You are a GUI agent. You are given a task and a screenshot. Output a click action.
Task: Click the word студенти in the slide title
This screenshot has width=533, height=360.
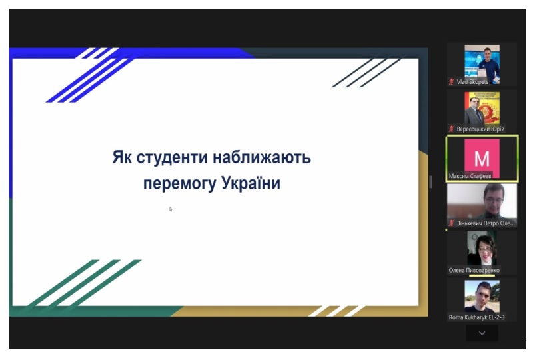coord(172,158)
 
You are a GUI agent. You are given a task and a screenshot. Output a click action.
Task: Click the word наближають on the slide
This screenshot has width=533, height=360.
coord(262,157)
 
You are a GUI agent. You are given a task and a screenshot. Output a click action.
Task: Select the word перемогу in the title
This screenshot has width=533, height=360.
coord(179,184)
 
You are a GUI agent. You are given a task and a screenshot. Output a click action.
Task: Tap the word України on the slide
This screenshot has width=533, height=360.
coord(251,183)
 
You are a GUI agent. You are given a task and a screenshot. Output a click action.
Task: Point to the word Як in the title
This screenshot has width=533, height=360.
coord(122,157)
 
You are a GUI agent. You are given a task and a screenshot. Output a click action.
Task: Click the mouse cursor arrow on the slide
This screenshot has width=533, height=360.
coord(171,209)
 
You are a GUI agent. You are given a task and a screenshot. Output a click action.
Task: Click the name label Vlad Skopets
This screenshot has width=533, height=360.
coord(472,81)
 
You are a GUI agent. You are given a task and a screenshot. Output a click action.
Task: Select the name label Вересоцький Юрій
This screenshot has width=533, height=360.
coord(480,129)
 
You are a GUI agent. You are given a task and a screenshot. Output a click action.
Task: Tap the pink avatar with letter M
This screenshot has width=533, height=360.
coord(482,158)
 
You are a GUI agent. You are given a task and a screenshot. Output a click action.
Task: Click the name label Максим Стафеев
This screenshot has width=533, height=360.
coord(470,176)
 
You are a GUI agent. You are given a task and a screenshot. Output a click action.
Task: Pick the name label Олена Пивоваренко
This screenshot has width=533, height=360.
coord(474,270)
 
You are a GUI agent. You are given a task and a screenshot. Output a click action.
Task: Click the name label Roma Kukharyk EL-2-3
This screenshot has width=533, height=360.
coord(476,317)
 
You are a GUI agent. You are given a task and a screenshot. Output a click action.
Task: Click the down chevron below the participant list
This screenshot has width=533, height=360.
coord(482,333)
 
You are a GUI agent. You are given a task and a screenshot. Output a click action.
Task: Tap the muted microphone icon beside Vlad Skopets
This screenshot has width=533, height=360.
coord(452,81)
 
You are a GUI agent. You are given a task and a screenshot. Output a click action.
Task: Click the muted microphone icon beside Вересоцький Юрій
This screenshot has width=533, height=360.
coord(452,129)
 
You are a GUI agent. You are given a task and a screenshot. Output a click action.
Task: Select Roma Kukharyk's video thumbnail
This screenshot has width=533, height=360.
coord(482,297)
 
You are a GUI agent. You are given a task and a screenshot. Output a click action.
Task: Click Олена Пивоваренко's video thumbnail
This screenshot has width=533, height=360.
coord(482,249)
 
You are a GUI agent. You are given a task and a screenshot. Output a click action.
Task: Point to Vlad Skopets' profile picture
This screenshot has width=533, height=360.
coord(482,64)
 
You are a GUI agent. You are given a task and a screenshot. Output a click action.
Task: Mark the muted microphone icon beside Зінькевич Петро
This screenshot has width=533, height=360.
coord(452,223)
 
